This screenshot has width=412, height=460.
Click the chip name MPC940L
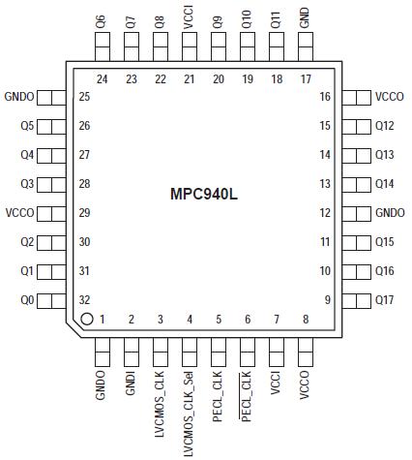(205, 195)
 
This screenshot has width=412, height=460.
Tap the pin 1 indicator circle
(86, 319)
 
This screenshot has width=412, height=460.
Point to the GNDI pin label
(131, 383)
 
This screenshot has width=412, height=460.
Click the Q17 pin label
(386, 300)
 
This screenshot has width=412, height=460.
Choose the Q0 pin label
(26, 300)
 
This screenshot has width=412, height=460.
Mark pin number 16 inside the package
(326, 97)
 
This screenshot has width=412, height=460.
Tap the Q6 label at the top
(102, 22)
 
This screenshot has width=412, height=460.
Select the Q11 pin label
(277, 20)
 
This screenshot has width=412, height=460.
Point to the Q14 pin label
(386, 184)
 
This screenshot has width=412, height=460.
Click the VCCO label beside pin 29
(20, 213)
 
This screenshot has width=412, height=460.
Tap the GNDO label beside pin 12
(390, 213)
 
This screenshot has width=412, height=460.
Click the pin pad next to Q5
(56, 126)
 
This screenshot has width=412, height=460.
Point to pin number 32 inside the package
(84, 300)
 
